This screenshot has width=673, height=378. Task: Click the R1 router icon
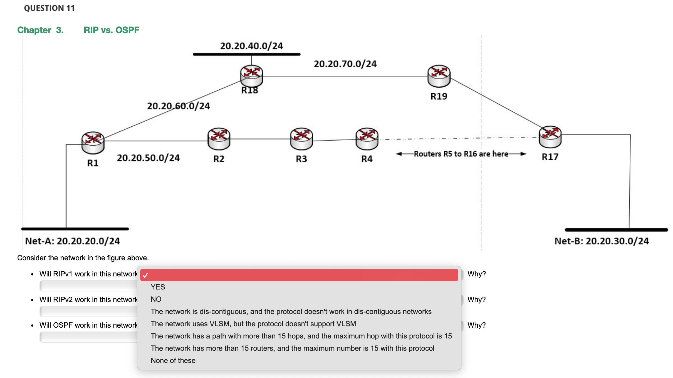[x=93, y=143]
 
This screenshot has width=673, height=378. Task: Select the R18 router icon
[x=251, y=76]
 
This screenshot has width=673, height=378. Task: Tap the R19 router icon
[x=439, y=76]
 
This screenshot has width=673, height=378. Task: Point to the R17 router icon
[x=550, y=136]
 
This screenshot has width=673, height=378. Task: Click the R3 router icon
[x=301, y=139]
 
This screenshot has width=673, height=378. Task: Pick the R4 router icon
[x=367, y=139]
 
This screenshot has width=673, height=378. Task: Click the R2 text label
[x=219, y=159]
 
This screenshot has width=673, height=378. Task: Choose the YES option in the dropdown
[x=158, y=287]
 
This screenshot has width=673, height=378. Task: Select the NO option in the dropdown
[x=156, y=299]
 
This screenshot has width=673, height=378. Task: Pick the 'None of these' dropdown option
[x=173, y=360]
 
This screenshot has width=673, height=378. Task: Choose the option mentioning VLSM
[x=253, y=324]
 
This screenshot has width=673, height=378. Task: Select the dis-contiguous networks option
[x=291, y=311]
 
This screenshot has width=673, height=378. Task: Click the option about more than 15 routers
[x=292, y=348]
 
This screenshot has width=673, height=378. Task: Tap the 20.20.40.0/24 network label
[x=251, y=46]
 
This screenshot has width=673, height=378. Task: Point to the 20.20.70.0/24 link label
[x=345, y=64]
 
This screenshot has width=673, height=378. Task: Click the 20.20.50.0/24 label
[x=148, y=158]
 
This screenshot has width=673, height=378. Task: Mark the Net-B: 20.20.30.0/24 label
[x=602, y=241]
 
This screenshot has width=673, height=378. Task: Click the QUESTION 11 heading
[x=50, y=8]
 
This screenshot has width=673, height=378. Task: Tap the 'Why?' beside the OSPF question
[x=476, y=325]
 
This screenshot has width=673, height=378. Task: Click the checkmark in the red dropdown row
[x=145, y=275]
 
